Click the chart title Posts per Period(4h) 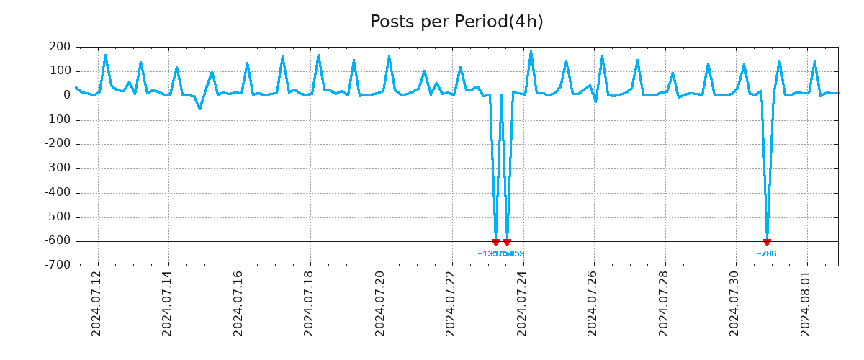[x=456, y=22]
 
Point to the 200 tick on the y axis [x=60, y=48]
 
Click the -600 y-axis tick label [x=57, y=241]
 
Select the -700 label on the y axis [x=57, y=266]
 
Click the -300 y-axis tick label [x=57, y=168]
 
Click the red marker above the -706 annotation [x=767, y=242]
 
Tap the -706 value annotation [x=766, y=253]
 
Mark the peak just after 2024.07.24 [x=531, y=51]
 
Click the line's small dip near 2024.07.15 [x=200, y=109]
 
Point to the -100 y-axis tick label [x=57, y=120]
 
